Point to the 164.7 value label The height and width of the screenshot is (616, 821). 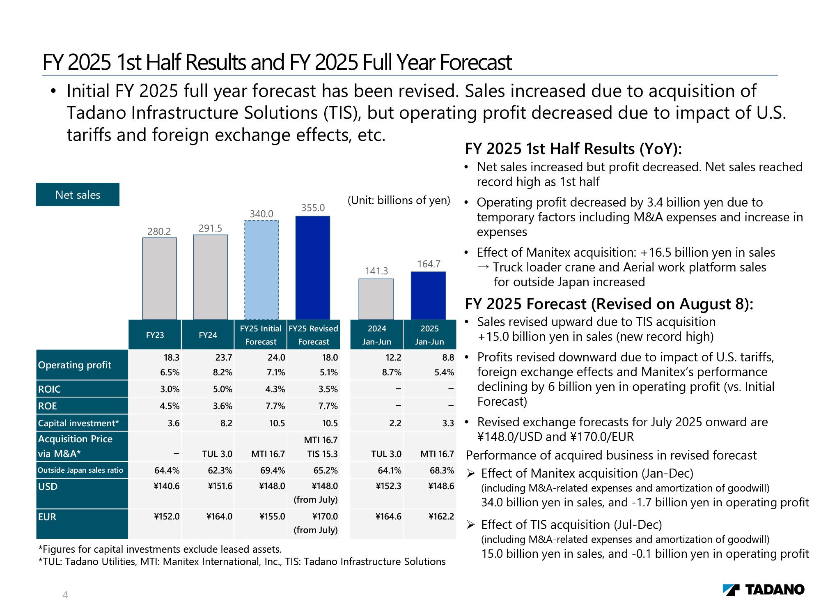pos(429,264)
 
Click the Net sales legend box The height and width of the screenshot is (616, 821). pos(78,195)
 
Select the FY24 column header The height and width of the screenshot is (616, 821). pos(208,335)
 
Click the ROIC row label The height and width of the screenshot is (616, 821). pos(49,389)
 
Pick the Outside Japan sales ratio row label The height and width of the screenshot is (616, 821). pos(80,470)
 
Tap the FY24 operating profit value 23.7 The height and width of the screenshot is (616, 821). pos(224,358)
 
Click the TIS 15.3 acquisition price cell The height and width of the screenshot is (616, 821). pos(322,454)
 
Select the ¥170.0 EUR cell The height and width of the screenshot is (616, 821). pos(325,516)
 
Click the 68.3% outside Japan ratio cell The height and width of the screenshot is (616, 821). pos(442,470)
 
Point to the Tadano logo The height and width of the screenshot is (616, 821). pos(763,590)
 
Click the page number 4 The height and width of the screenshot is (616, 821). pos(65,595)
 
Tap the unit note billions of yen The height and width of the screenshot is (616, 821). pos(399,200)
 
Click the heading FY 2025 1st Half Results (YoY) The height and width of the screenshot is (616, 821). pos(573,149)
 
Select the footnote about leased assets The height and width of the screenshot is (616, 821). pos(160,549)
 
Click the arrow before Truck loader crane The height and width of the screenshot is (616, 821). pos(483,267)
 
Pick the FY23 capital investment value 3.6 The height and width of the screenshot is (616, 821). pos(174,423)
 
